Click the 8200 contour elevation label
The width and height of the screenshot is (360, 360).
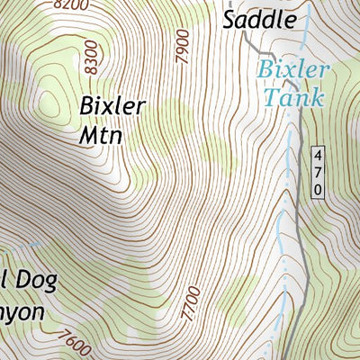71,4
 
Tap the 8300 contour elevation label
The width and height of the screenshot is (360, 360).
89,55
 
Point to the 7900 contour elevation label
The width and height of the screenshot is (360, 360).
183,44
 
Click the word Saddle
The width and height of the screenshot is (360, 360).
259,19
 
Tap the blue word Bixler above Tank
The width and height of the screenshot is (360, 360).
293,70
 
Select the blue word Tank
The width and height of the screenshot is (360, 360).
293,96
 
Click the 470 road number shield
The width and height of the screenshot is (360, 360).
318,171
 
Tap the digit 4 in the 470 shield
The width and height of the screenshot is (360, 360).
318,156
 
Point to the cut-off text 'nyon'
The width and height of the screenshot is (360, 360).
22,310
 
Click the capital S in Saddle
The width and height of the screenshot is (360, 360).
230,19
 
